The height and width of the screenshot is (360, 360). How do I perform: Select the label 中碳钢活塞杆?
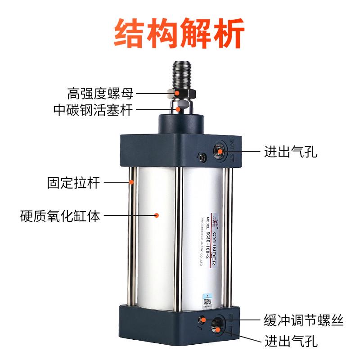94,109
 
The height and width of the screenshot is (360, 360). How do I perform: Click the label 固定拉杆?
74,183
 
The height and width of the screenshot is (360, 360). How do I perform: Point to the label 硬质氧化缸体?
61,216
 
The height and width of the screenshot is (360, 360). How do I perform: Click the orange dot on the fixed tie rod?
132,182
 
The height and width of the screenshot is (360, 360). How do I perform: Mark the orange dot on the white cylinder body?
156,216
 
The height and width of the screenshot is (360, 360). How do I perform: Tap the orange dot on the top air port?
220,152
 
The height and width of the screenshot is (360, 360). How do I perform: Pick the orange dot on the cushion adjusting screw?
203,320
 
